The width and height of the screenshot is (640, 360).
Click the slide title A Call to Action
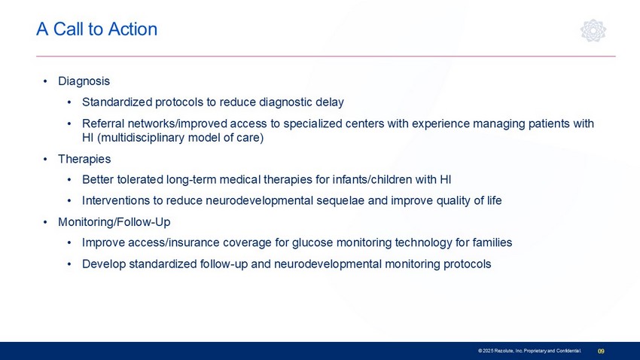(x=96, y=29)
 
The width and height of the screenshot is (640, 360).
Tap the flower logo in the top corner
(x=593, y=30)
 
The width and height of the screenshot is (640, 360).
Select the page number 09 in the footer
(x=601, y=351)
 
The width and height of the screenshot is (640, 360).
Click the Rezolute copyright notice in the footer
(x=529, y=351)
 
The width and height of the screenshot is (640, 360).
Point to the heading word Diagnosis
(x=84, y=81)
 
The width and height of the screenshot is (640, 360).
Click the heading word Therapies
(x=84, y=159)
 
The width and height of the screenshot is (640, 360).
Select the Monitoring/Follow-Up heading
(x=114, y=222)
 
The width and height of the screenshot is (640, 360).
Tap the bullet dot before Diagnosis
(x=45, y=81)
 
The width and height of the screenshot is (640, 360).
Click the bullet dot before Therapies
(x=45, y=159)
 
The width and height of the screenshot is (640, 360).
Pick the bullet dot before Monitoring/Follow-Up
(x=45, y=222)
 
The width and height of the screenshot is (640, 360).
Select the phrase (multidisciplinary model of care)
(x=181, y=138)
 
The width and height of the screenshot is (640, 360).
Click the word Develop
(x=104, y=264)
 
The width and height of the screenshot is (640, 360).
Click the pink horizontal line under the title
(x=326, y=56)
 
